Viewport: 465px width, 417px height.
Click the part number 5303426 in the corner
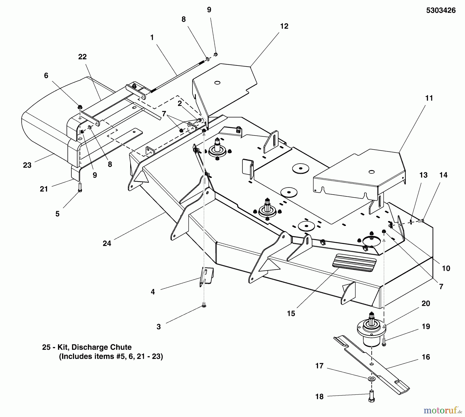tap(441, 11)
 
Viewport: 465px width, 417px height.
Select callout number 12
tap(284, 26)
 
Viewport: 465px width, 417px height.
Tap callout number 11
tap(429, 98)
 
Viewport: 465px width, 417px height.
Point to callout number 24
tap(107, 243)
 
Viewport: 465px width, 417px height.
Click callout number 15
tap(291, 313)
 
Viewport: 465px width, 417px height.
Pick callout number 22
tap(82, 57)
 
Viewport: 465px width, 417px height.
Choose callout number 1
tap(152, 38)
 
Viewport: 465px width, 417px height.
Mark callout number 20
tap(426, 303)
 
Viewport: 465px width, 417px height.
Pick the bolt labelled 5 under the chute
tap(80, 187)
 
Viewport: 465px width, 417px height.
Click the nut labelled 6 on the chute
tap(80, 107)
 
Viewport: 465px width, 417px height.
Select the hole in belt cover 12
tap(217, 83)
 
